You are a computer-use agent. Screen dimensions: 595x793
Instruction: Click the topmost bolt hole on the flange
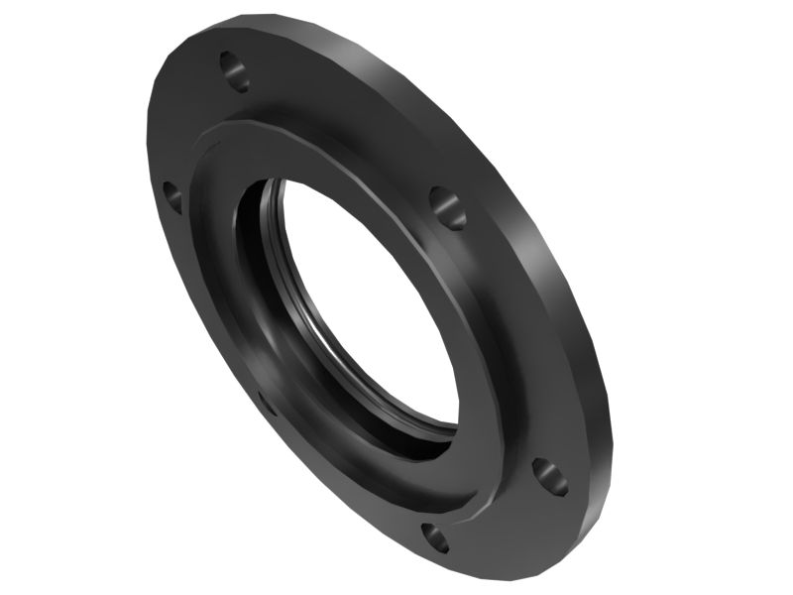pos(235,70)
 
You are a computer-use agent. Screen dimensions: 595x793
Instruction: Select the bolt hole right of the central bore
pos(448,205)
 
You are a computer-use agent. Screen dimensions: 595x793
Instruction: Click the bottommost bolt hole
pos(435,538)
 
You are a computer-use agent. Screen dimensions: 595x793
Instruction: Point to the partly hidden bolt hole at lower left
pos(266,402)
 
